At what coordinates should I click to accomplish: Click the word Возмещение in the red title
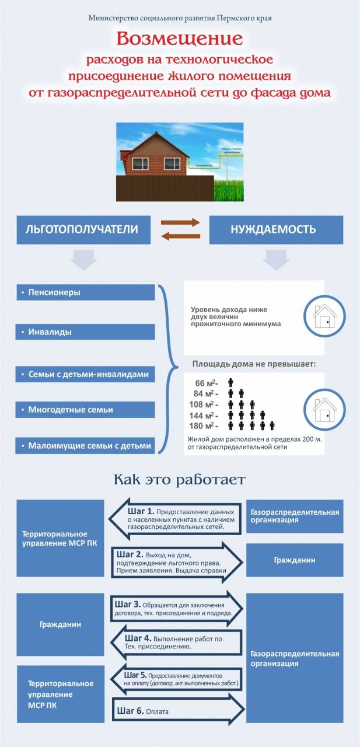click(x=180, y=39)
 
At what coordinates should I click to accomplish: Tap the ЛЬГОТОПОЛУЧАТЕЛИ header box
click(x=82, y=229)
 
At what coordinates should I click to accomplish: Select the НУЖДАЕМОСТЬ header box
click(x=273, y=229)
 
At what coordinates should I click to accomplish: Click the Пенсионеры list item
click(x=85, y=292)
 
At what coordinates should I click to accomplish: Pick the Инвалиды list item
click(x=85, y=332)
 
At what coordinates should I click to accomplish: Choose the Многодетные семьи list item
click(x=85, y=410)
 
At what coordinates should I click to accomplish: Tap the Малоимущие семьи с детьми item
click(x=85, y=446)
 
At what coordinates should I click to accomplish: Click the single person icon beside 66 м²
click(x=231, y=383)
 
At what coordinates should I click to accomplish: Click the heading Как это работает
click(x=180, y=480)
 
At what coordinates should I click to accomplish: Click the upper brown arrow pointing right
click(x=180, y=222)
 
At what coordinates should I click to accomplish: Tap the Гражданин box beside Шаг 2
click(x=295, y=560)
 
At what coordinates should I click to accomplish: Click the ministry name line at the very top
click(x=180, y=18)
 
